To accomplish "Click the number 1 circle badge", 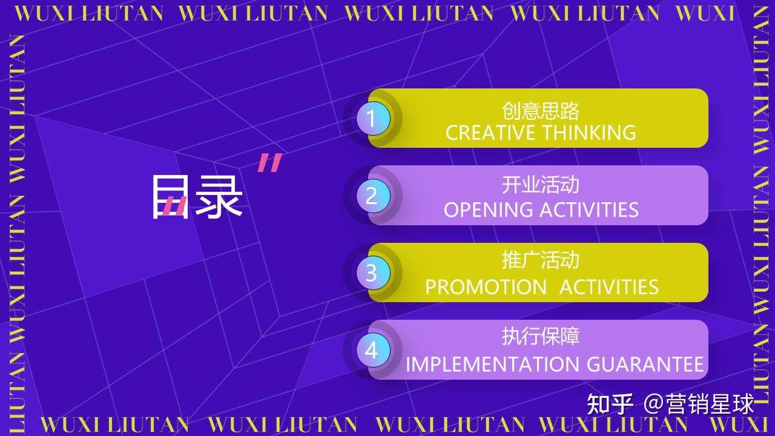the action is (374, 118).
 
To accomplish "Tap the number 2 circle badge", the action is (374, 196).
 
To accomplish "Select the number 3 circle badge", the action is (374, 273).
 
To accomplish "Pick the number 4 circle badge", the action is (374, 350).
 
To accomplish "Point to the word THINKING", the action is (589, 133).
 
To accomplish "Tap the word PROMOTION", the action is (486, 287).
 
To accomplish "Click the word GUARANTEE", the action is (645, 365).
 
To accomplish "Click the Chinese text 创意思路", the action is (541, 111).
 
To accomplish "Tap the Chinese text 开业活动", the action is (541, 185).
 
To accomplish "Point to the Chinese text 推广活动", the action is (541, 260).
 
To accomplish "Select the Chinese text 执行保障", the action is (541, 336).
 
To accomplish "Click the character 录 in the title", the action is (219, 196).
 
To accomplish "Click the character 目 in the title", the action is (171, 196).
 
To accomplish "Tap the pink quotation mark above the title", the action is (270, 163).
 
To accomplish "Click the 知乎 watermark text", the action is (610, 404).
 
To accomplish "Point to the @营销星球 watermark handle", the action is (699, 404).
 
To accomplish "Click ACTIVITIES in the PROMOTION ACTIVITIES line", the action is (609, 287).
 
